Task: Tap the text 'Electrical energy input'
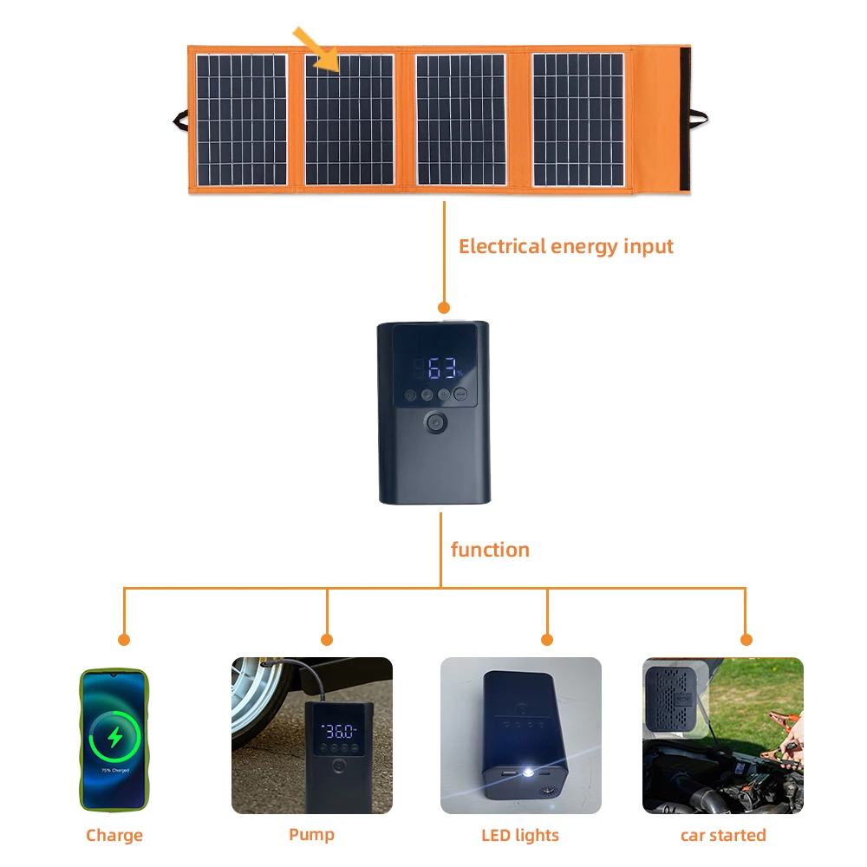click(565, 246)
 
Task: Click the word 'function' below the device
click(490, 550)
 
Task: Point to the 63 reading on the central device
click(443, 368)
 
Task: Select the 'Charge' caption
click(114, 836)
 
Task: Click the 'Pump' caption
click(311, 835)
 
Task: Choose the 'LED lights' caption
click(520, 836)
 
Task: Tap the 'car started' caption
click(723, 836)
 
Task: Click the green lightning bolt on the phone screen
click(114, 737)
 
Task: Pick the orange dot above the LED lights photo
click(547, 640)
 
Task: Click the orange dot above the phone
click(124, 640)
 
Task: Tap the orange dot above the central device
click(444, 307)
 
